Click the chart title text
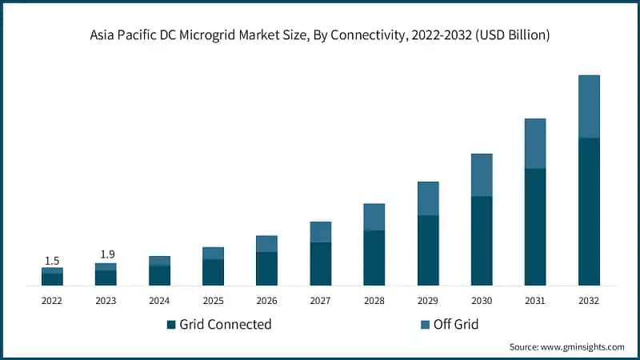click(320, 36)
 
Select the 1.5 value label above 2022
click(52, 261)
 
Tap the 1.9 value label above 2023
click(106, 254)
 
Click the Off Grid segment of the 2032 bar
click(589, 106)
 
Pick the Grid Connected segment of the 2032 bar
click(589, 211)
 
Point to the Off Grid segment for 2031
click(535, 143)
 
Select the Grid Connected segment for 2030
click(482, 241)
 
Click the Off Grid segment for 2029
click(428, 198)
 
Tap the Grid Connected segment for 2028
click(374, 258)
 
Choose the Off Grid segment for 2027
click(321, 232)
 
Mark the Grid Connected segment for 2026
click(266, 269)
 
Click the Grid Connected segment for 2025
click(213, 272)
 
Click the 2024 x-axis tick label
click(159, 301)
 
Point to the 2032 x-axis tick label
click(589, 301)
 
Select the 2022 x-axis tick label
click(52, 301)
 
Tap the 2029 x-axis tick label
click(428, 301)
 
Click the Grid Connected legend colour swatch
click(170, 325)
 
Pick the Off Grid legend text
click(455, 324)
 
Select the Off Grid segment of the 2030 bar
click(482, 175)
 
